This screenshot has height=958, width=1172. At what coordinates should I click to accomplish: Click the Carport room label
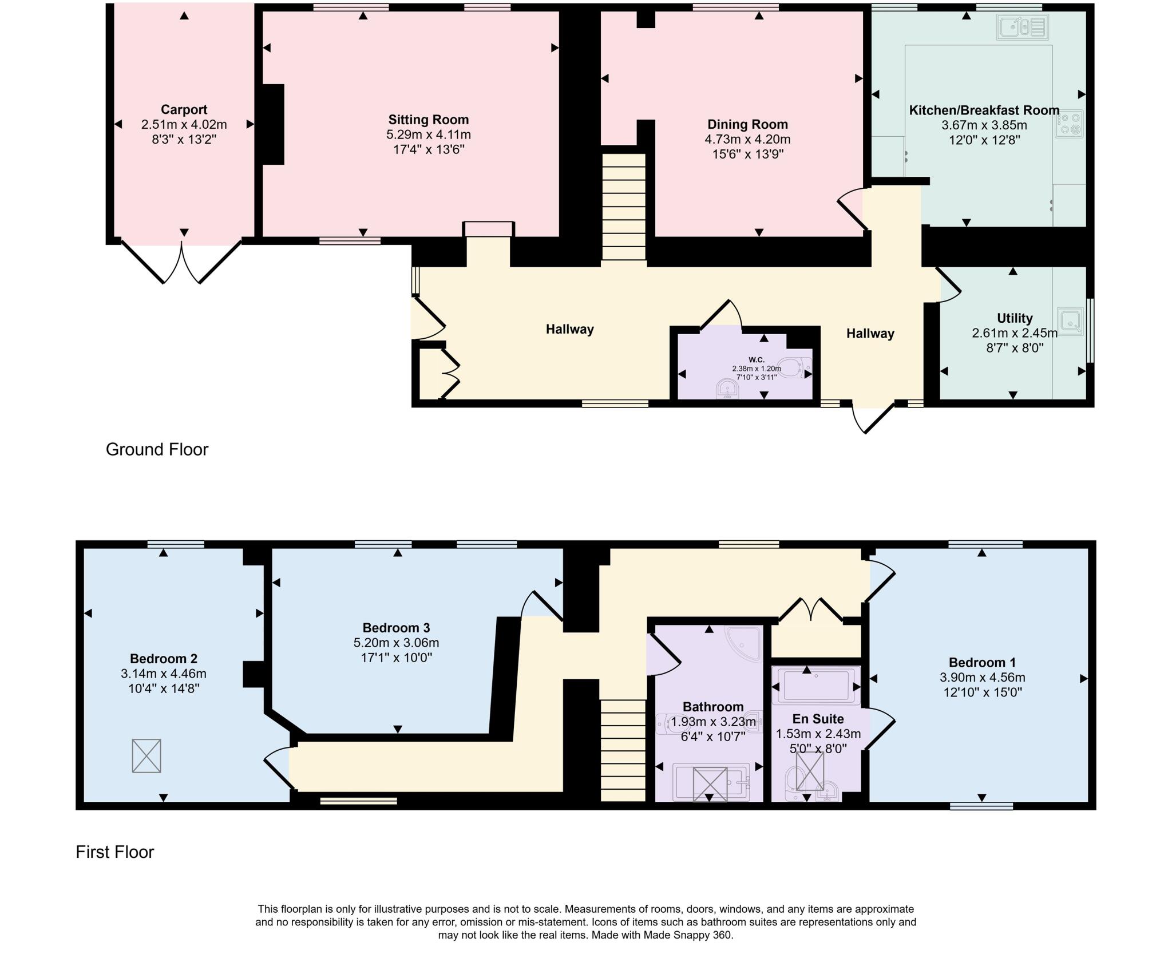click(x=184, y=109)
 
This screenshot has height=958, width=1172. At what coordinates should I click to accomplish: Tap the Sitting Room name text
click(x=428, y=120)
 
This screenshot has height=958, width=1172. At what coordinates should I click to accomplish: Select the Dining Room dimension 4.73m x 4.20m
click(x=747, y=139)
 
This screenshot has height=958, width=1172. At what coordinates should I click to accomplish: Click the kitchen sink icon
click(x=1021, y=27)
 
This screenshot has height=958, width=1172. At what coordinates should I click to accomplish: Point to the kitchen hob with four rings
click(x=1070, y=124)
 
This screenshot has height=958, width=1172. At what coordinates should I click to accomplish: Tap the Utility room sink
click(x=1071, y=322)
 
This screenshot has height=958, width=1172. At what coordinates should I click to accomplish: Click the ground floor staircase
click(x=624, y=207)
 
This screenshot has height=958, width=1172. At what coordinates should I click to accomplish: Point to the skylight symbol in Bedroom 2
click(x=146, y=755)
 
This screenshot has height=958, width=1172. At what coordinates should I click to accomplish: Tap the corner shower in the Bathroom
click(x=744, y=644)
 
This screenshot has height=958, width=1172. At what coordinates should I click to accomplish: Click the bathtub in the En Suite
click(x=816, y=685)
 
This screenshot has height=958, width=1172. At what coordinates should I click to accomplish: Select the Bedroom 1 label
click(x=982, y=662)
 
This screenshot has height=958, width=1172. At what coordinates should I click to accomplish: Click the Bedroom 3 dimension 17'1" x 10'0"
click(x=396, y=657)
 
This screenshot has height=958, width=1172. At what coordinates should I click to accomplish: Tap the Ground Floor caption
click(x=157, y=449)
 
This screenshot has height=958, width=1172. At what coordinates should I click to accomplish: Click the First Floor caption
click(x=115, y=852)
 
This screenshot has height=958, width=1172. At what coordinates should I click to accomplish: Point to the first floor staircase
click(x=623, y=750)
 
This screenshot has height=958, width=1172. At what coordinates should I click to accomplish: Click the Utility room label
click(x=1015, y=318)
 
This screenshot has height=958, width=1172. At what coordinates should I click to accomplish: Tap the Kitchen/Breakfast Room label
click(x=984, y=110)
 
